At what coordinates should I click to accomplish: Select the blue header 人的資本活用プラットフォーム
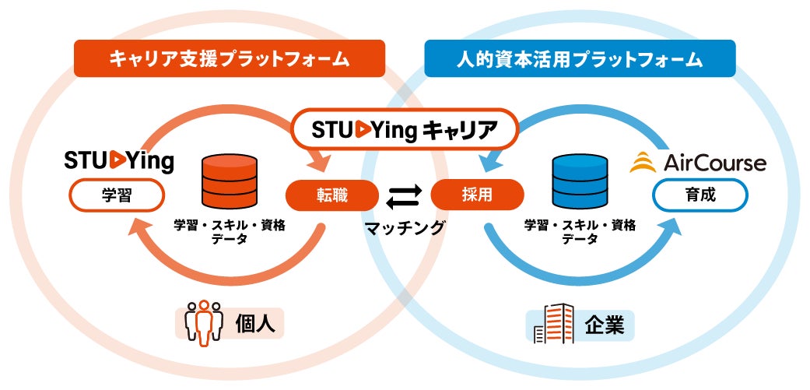tap(580, 58)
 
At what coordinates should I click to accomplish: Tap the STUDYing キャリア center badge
tap(405, 129)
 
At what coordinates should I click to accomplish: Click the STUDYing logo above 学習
tap(118, 161)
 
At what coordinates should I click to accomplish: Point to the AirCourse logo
tap(697, 162)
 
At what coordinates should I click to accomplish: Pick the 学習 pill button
tap(118, 196)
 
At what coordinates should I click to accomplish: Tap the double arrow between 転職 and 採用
tap(404, 196)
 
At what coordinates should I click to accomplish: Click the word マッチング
tap(405, 228)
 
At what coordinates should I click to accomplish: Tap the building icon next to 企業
tap(554, 323)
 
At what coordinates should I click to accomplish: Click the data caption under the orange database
tap(229, 232)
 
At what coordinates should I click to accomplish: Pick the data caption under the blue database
tap(580, 232)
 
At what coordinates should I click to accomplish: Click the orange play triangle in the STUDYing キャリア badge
tap(361, 130)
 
